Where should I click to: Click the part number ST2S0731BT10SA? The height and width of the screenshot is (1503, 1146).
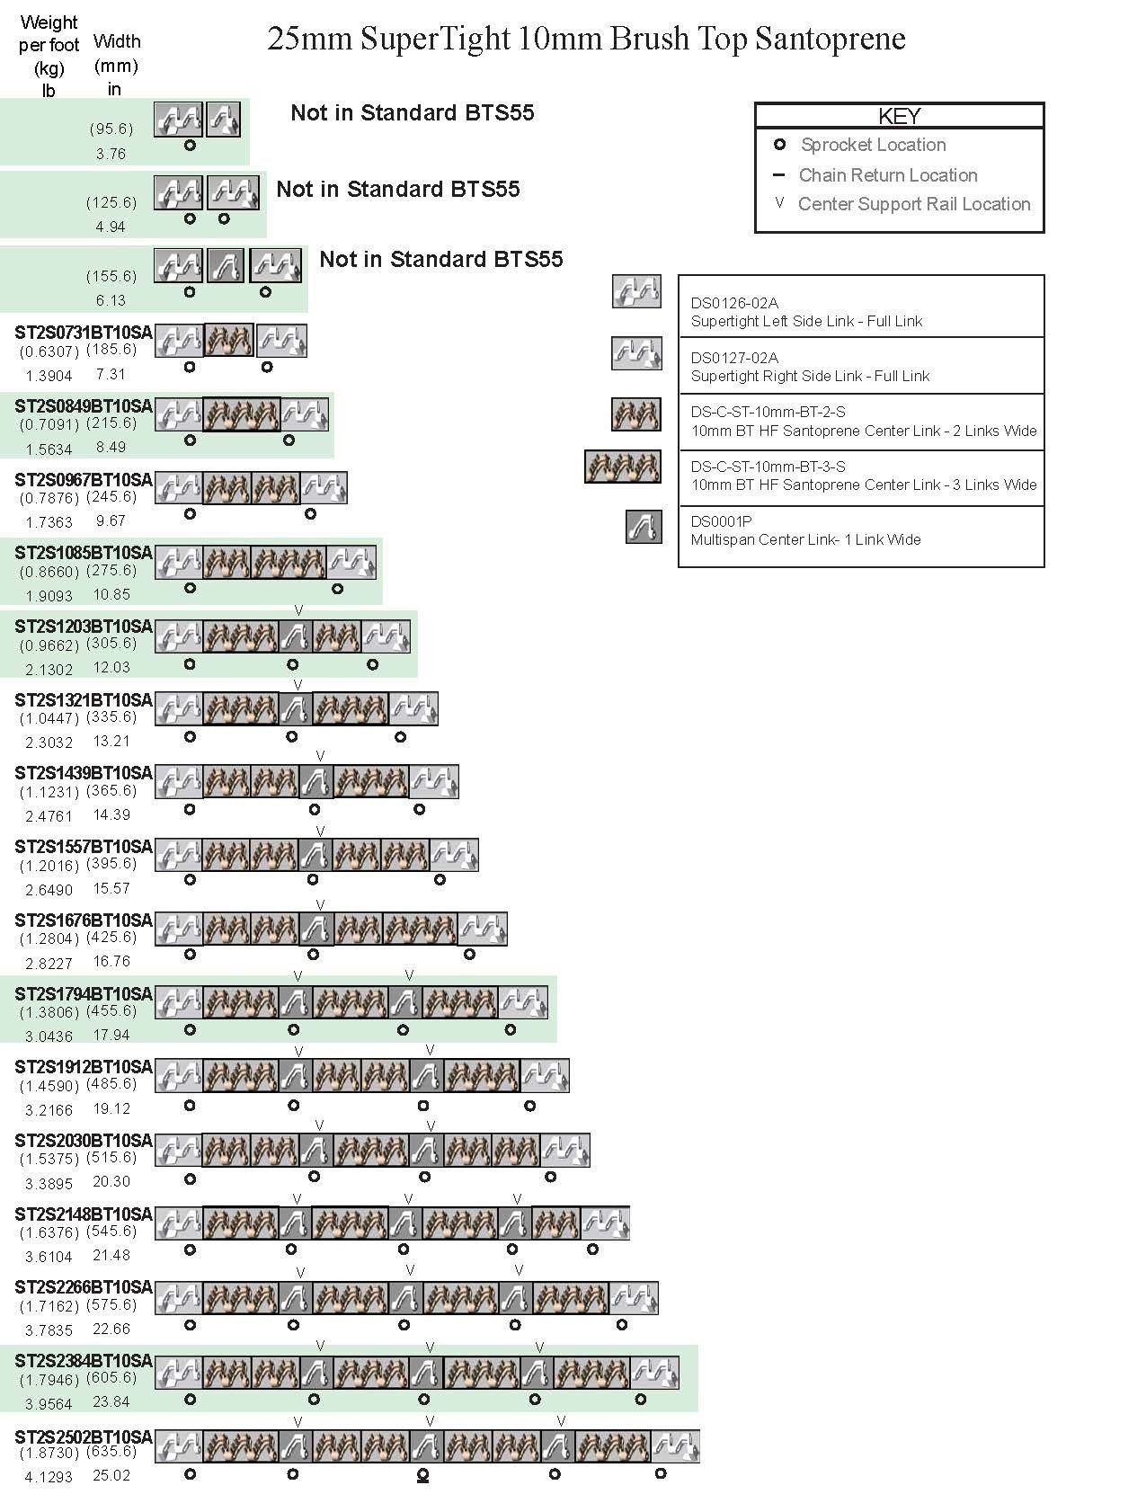pyautogui.click(x=84, y=333)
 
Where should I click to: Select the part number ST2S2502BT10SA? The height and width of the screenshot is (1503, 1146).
pyautogui.click(x=84, y=1436)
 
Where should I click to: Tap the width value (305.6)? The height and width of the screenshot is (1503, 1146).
pyautogui.click(x=111, y=644)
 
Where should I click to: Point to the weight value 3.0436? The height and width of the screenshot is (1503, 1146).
pyautogui.click(x=49, y=1036)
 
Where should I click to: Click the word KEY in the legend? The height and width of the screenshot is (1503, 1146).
pyautogui.click(x=899, y=116)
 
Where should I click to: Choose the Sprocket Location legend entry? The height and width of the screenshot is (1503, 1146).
pyautogui.click(x=873, y=145)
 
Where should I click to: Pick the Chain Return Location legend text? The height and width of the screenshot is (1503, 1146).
pyautogui.click(x=887, y=175)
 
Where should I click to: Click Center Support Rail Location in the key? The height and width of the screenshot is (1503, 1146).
pyautogui.click(x=913, y=204)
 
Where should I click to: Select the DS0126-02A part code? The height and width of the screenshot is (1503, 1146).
pyautogui.click(x=734, y=303)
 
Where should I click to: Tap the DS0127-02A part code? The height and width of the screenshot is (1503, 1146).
pyautogui.click(x=734, y=358)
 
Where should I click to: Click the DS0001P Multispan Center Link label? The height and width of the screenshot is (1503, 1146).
pyautogui.click(x=805, y=539)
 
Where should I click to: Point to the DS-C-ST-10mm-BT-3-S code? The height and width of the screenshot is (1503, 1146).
pyautogui.click(x=768, y=467)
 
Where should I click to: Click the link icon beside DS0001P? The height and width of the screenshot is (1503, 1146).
pyautogui.click(x=644, y=527)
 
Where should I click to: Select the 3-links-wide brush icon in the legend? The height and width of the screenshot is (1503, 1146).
pyautogui.click(x=622, y=467)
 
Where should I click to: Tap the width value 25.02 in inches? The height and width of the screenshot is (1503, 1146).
pyautogui.click(x=111, y=1476)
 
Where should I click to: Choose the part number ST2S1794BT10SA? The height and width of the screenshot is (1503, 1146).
pyautogui.click(x=84, y=993)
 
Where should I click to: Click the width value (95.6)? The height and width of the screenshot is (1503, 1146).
pyautogui.click(x=111, y=129)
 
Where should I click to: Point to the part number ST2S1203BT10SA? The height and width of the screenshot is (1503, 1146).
pyautogui.click(x=84, y=626)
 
